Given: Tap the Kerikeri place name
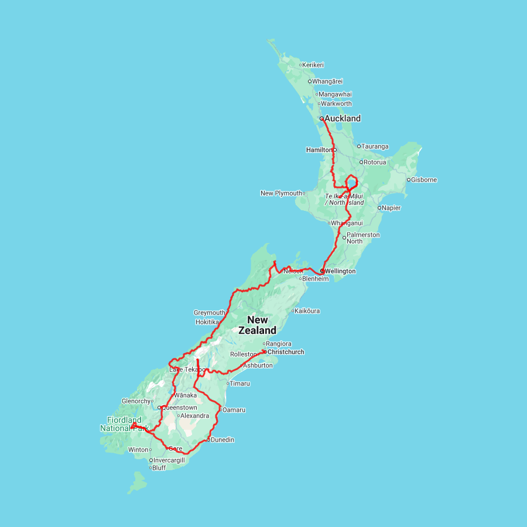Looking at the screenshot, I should (313, 65).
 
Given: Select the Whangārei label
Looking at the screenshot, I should (327, 81).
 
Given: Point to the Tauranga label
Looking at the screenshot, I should (375, 146).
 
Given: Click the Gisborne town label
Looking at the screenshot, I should (425, 180).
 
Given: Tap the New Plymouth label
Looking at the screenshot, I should (282, 193).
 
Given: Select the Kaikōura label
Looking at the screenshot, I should (308, 311).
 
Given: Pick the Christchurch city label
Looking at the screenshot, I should (286, 352).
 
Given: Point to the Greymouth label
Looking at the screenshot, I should (210, 313).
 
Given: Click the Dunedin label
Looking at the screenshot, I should (223, 440).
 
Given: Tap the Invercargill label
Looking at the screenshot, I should (169, 460).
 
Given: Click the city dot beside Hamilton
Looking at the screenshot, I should (335, 150).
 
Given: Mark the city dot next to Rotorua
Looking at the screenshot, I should (361, 162).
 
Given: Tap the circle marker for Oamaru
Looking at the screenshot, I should (220, 410).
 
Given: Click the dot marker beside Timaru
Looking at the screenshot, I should (228, 384).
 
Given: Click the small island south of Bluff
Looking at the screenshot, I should (138, 481).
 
